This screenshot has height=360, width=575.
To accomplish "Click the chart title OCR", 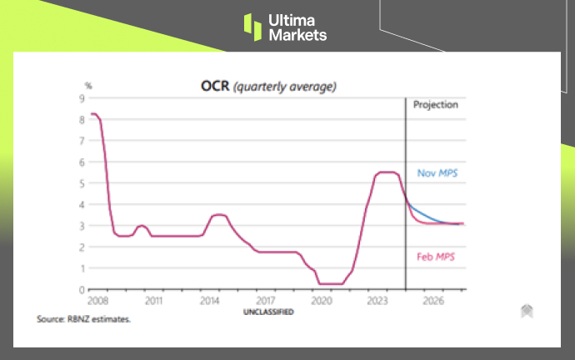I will (x=213, y=85).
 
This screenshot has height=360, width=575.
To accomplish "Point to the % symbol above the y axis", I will (x=87, y=85).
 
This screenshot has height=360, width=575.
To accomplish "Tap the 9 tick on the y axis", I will (x=82, y=97).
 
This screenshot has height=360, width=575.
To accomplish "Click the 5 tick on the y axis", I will (x=82, y=183).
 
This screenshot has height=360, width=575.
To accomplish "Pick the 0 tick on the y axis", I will (x=82, y=290).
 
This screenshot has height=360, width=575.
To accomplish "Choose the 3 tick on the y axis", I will (x=82, y=226).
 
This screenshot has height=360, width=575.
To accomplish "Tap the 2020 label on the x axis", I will (x=322, y=299).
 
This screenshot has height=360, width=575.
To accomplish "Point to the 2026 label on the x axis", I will (x=433, y=299).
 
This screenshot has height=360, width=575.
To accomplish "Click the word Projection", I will (x=436, y=106).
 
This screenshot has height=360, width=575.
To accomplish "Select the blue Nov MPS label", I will (x=437, y=173).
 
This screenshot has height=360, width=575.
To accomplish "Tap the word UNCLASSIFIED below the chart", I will (x=267, y=312).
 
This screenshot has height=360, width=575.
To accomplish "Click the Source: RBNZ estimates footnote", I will (x=84, y=318).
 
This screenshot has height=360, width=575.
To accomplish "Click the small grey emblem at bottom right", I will (x=527, y=311).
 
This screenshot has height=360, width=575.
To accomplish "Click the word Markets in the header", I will (x=298, y=35).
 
